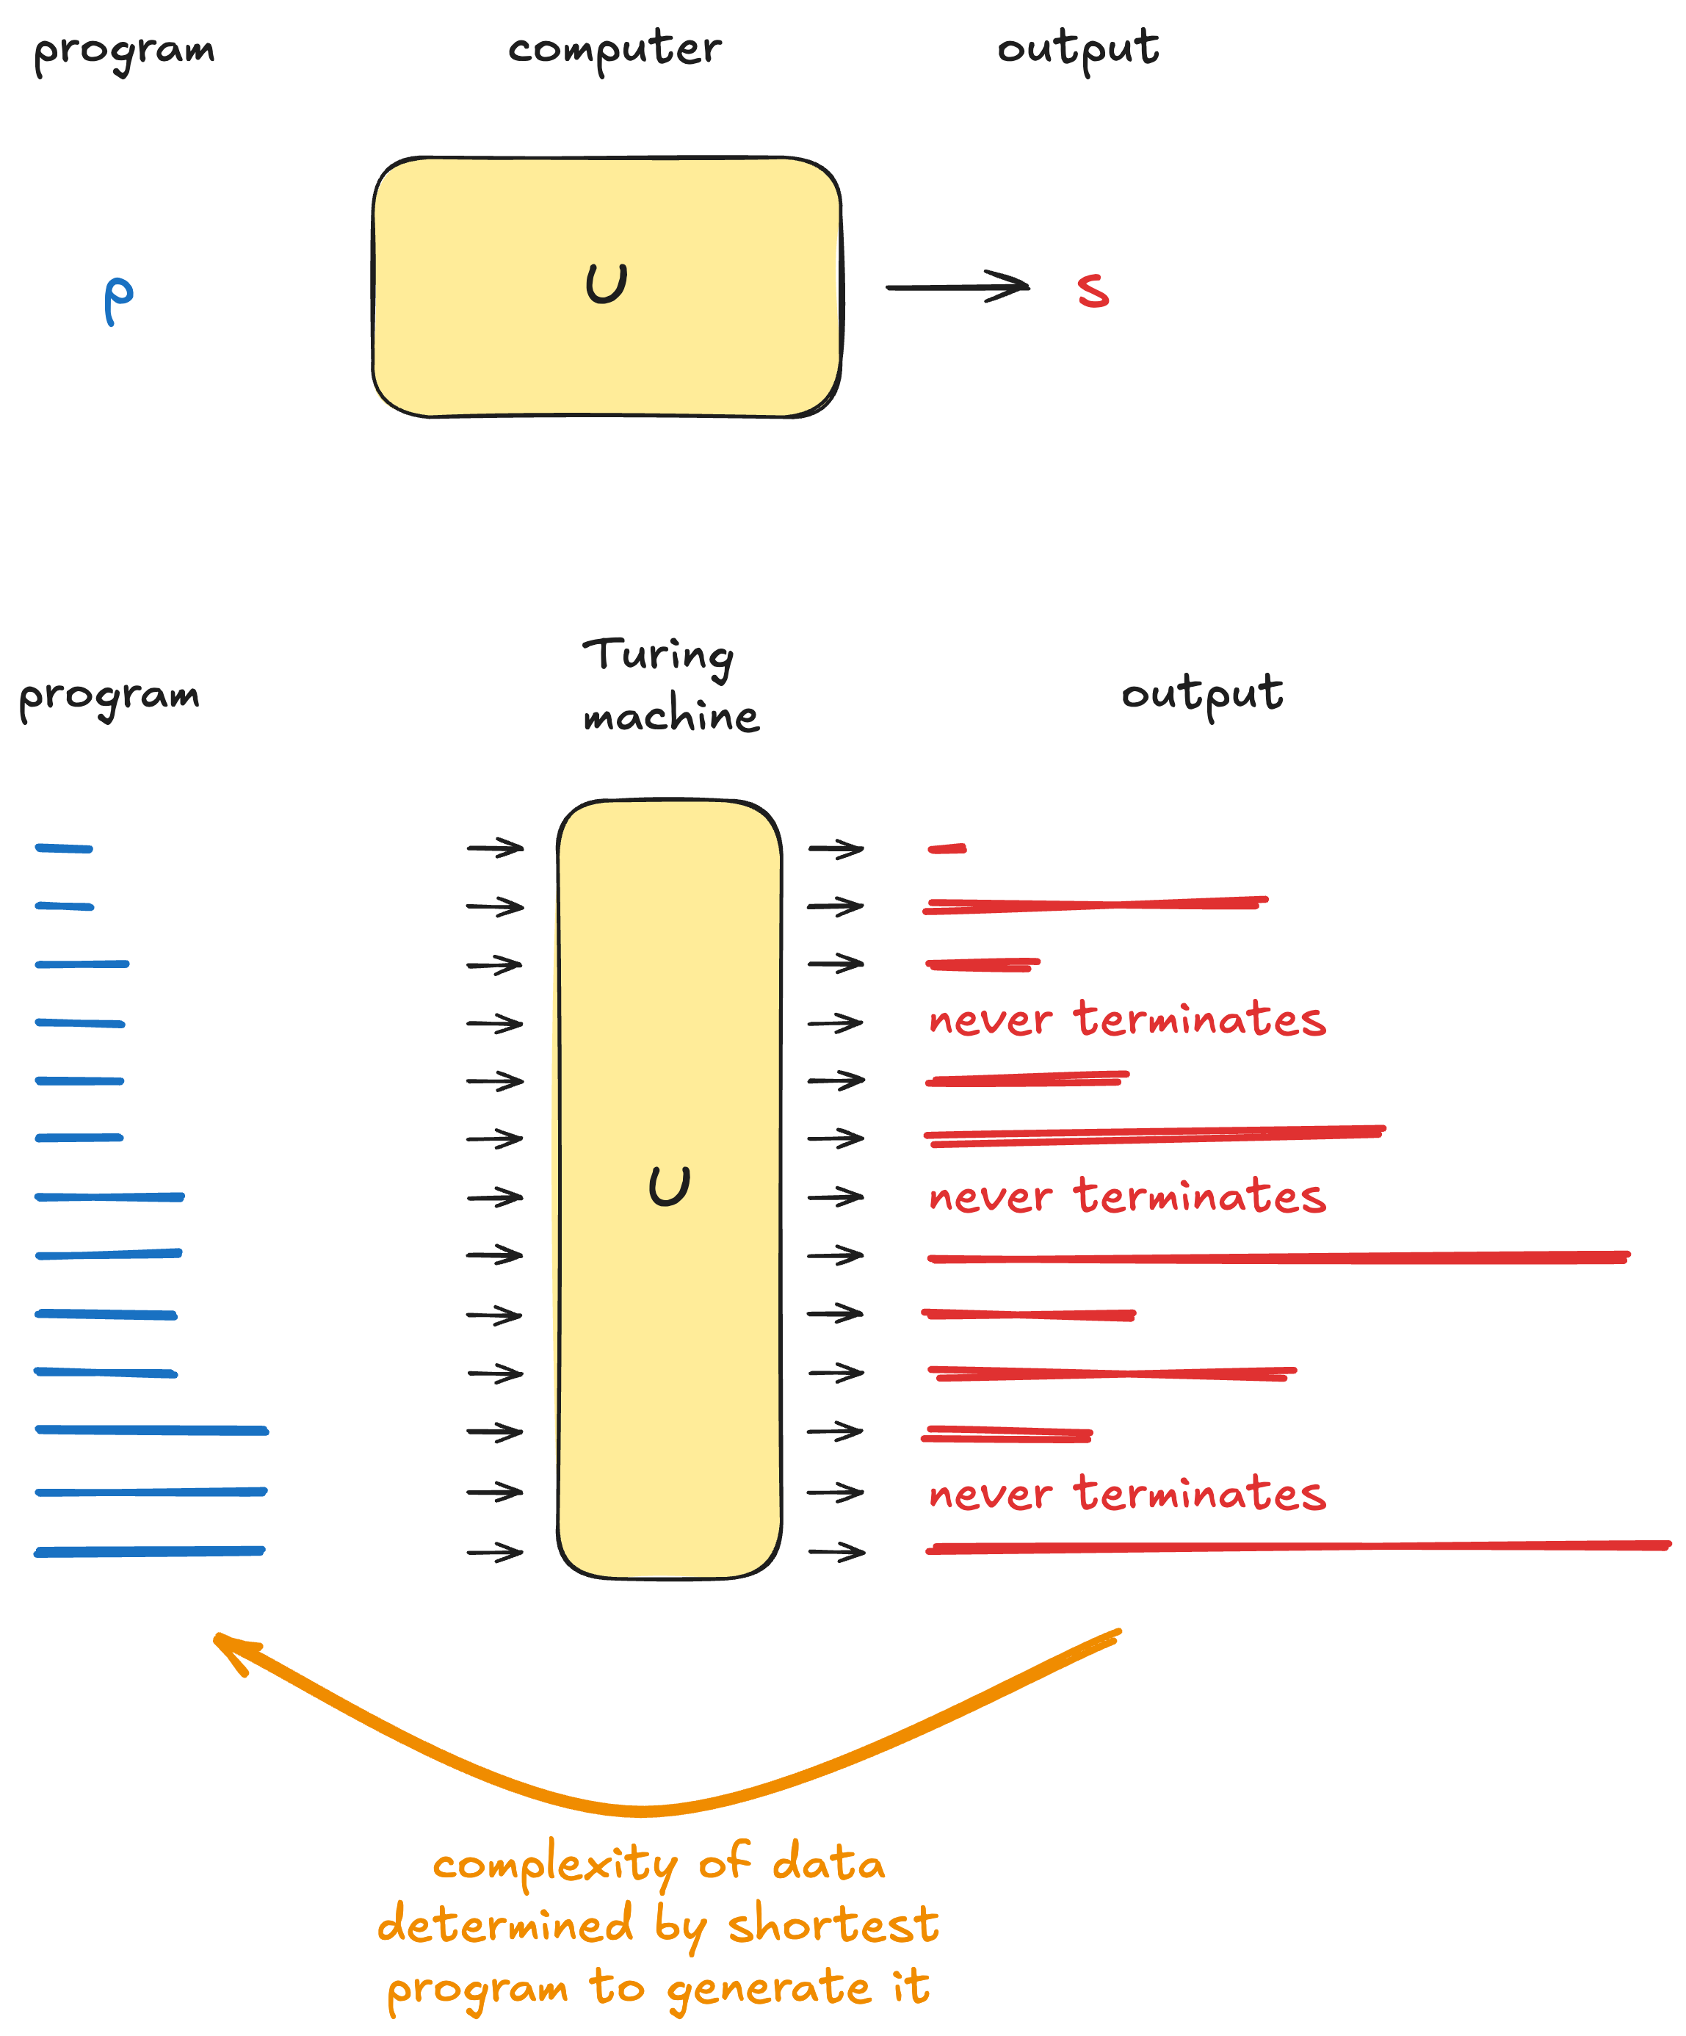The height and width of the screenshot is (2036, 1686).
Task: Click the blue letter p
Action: (x=118, y=300)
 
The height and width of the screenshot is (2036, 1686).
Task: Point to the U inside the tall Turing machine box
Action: (x=669, y=1185)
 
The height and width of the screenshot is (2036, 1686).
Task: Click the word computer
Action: (x=615, y=48)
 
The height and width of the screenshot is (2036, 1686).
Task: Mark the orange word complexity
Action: (x=554, y=1864)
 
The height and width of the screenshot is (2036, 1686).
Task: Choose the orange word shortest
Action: (x=833, y=1926)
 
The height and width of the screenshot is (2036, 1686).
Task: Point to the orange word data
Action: (x=829, y=1863)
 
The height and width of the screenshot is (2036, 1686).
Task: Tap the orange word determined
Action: (x=505, y=1924)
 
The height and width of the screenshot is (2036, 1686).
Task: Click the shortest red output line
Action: (x=947, y=849)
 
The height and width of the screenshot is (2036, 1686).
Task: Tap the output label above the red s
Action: (x=1078, y=48)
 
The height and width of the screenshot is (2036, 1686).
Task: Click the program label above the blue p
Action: (x=124, y=51)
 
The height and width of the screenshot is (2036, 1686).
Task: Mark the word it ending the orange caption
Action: (x=911, y=1985)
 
